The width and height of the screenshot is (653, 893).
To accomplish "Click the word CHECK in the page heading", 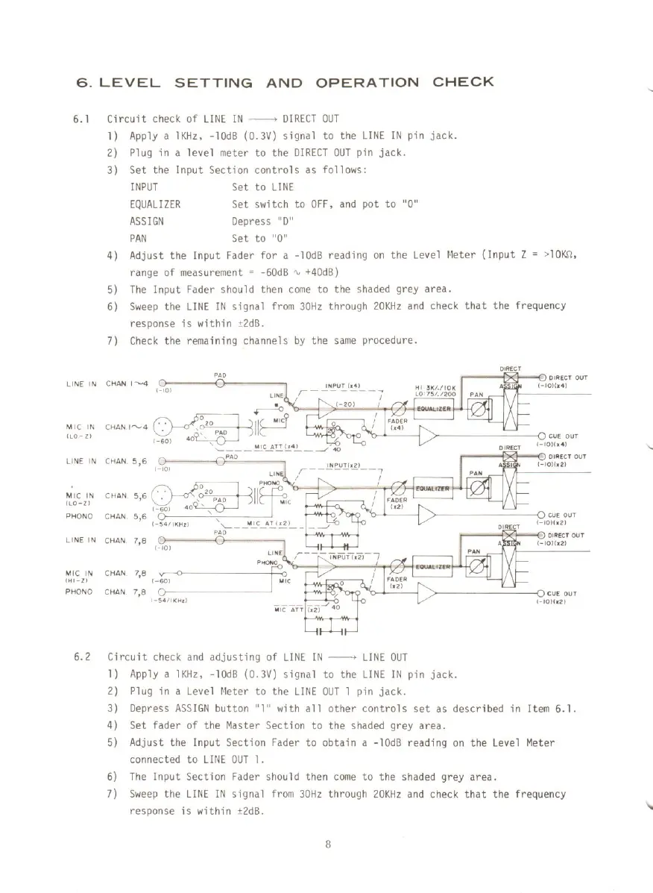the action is click(463, 81).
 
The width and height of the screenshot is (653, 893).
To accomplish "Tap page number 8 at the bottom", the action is click(327, 845).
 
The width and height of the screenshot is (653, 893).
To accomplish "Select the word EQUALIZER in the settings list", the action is click(155, 204).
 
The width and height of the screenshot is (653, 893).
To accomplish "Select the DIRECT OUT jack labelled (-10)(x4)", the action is click(541, 377).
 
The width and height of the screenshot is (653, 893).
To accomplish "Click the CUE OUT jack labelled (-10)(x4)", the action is click(541, 437).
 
